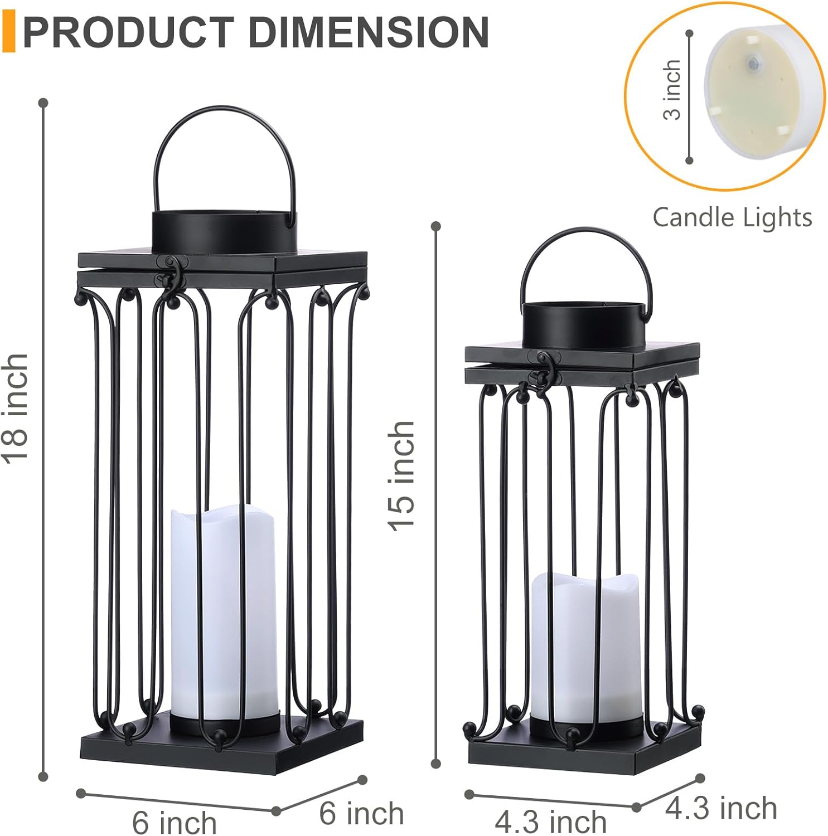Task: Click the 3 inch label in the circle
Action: [672, 90]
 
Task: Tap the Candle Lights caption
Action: [732, 217]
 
